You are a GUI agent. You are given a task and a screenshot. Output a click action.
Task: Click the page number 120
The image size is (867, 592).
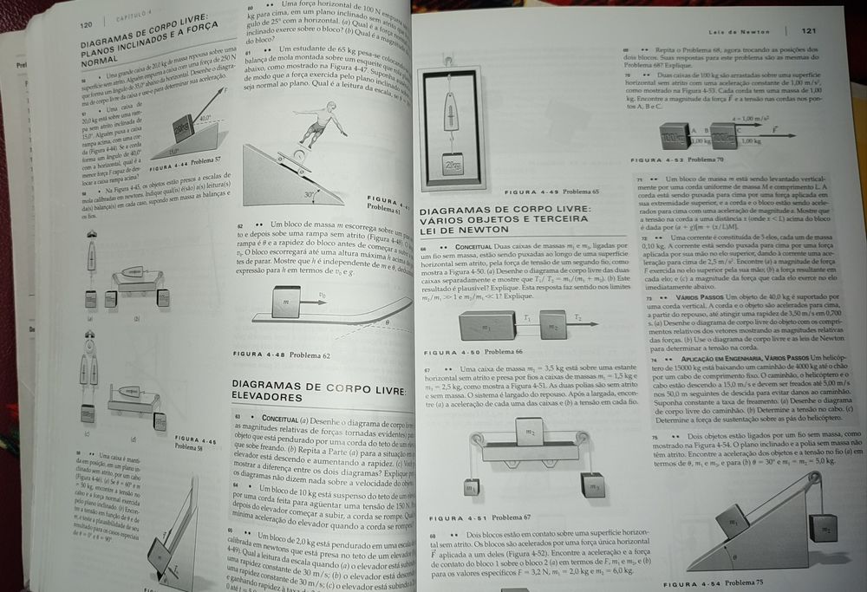pyautogui.click(x=87, y=25)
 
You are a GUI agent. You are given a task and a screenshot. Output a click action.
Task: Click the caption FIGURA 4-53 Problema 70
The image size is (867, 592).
pyautogui.click(x=668, y=160)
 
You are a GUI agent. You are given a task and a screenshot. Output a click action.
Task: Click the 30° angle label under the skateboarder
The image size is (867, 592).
pyautogui.click(x=310, y=196)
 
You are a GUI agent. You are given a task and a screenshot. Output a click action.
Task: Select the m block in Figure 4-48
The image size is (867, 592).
pyautogui.click(x=284, y=303)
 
